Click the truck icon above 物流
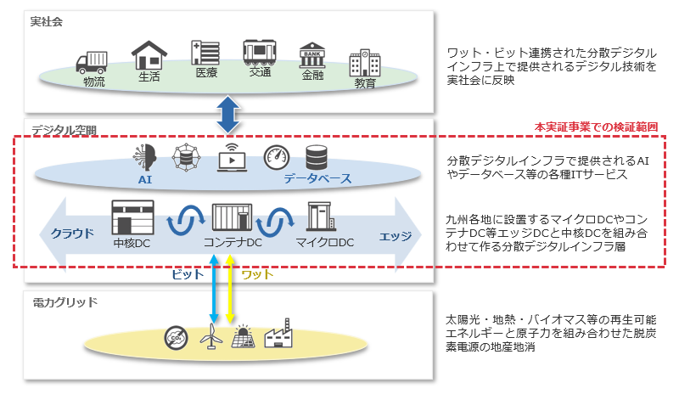92,62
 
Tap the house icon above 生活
148,56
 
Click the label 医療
206,73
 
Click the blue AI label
145,180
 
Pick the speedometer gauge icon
276,158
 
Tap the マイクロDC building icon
321,217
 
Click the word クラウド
72,235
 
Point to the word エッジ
396,235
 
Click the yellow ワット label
257,275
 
